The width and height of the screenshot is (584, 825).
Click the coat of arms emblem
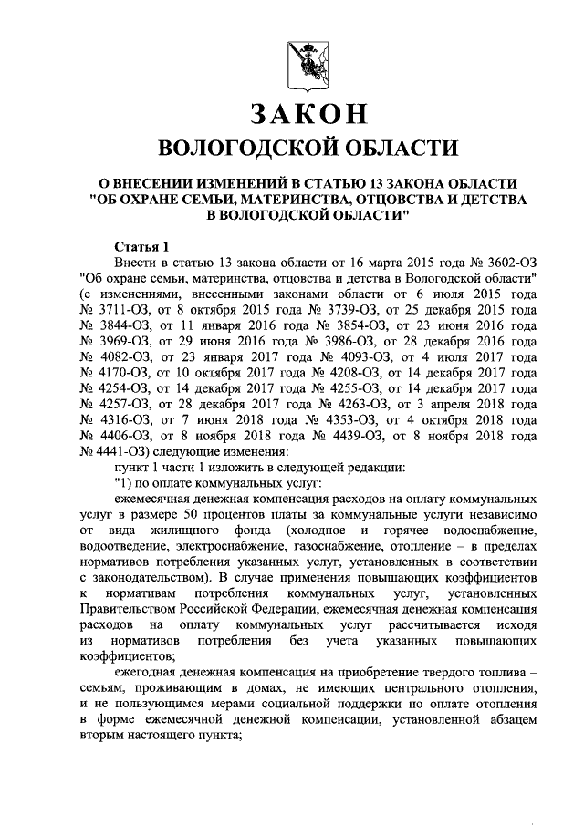[x=302, y=60]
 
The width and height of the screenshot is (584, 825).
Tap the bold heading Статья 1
[x=141, y=245]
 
